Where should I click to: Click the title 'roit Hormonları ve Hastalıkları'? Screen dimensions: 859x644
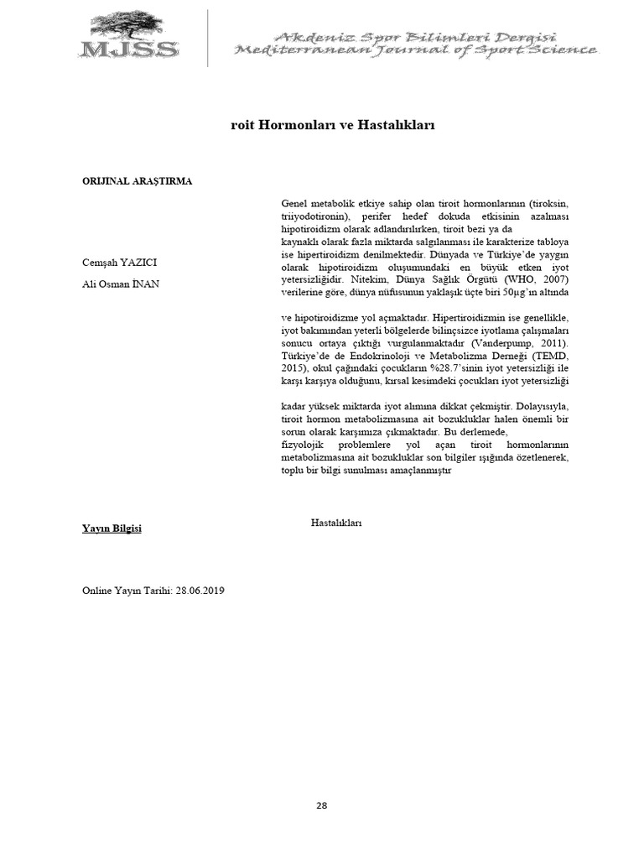click(332, 124)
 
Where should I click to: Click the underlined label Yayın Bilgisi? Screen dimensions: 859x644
click(112, 528)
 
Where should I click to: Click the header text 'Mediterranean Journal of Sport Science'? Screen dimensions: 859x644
click(416, 50)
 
